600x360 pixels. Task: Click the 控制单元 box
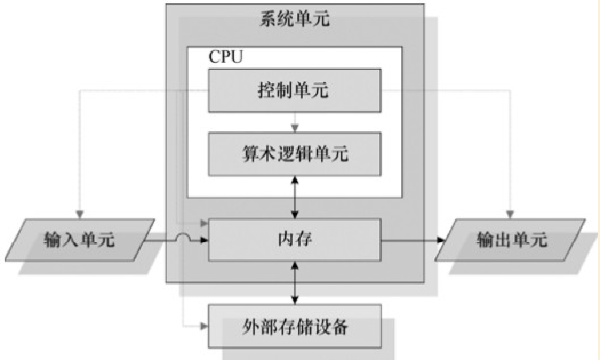[294, 90]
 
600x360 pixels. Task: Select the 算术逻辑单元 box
[294, 154]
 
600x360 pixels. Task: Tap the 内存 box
[294, 239]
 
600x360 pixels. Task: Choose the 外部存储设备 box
[294, 327]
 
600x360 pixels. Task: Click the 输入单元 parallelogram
[80, 240]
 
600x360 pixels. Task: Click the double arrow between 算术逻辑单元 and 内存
[294, 197]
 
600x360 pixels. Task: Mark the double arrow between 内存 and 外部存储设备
[294, 282]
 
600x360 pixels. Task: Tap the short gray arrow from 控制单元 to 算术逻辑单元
[294, 121]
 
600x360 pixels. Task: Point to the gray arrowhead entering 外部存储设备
[203, 326]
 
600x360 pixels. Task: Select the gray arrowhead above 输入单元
[81, 214]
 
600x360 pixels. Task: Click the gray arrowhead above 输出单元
[511, 214]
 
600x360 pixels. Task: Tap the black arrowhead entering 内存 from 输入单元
[203, 242]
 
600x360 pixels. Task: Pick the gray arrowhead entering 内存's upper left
[203, 223]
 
